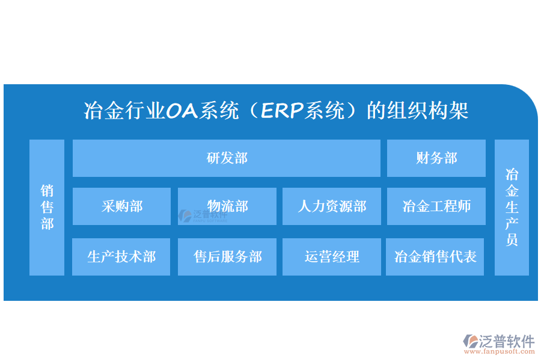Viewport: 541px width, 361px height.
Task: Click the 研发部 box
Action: point(227,158)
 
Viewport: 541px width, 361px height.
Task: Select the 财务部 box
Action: point(436,158)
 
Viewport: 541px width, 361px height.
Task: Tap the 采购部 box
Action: point(122,206)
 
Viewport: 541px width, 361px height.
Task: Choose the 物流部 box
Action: point(227,206)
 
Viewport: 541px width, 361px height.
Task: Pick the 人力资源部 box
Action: point(332,206)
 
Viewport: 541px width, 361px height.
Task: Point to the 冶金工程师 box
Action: point(436,206)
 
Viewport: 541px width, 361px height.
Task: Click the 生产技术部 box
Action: point(121,257)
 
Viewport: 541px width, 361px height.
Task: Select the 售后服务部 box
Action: point(227,257)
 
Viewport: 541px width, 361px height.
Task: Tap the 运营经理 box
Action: point(332,257)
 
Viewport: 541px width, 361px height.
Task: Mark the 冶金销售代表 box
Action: point(435,257)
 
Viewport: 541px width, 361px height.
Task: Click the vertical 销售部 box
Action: point(47,207)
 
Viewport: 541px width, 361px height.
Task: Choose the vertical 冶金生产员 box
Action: point(512,207)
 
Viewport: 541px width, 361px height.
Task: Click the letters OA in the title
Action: point(182,111)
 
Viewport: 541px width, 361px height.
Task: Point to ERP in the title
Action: point(282,111)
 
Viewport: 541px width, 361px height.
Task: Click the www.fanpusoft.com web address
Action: point(499,351)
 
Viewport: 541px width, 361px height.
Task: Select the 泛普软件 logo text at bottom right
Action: point(507,341)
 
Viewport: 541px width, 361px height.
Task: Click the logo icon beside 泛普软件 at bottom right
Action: point(470,341)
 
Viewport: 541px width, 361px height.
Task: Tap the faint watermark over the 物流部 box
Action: point(203,215)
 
